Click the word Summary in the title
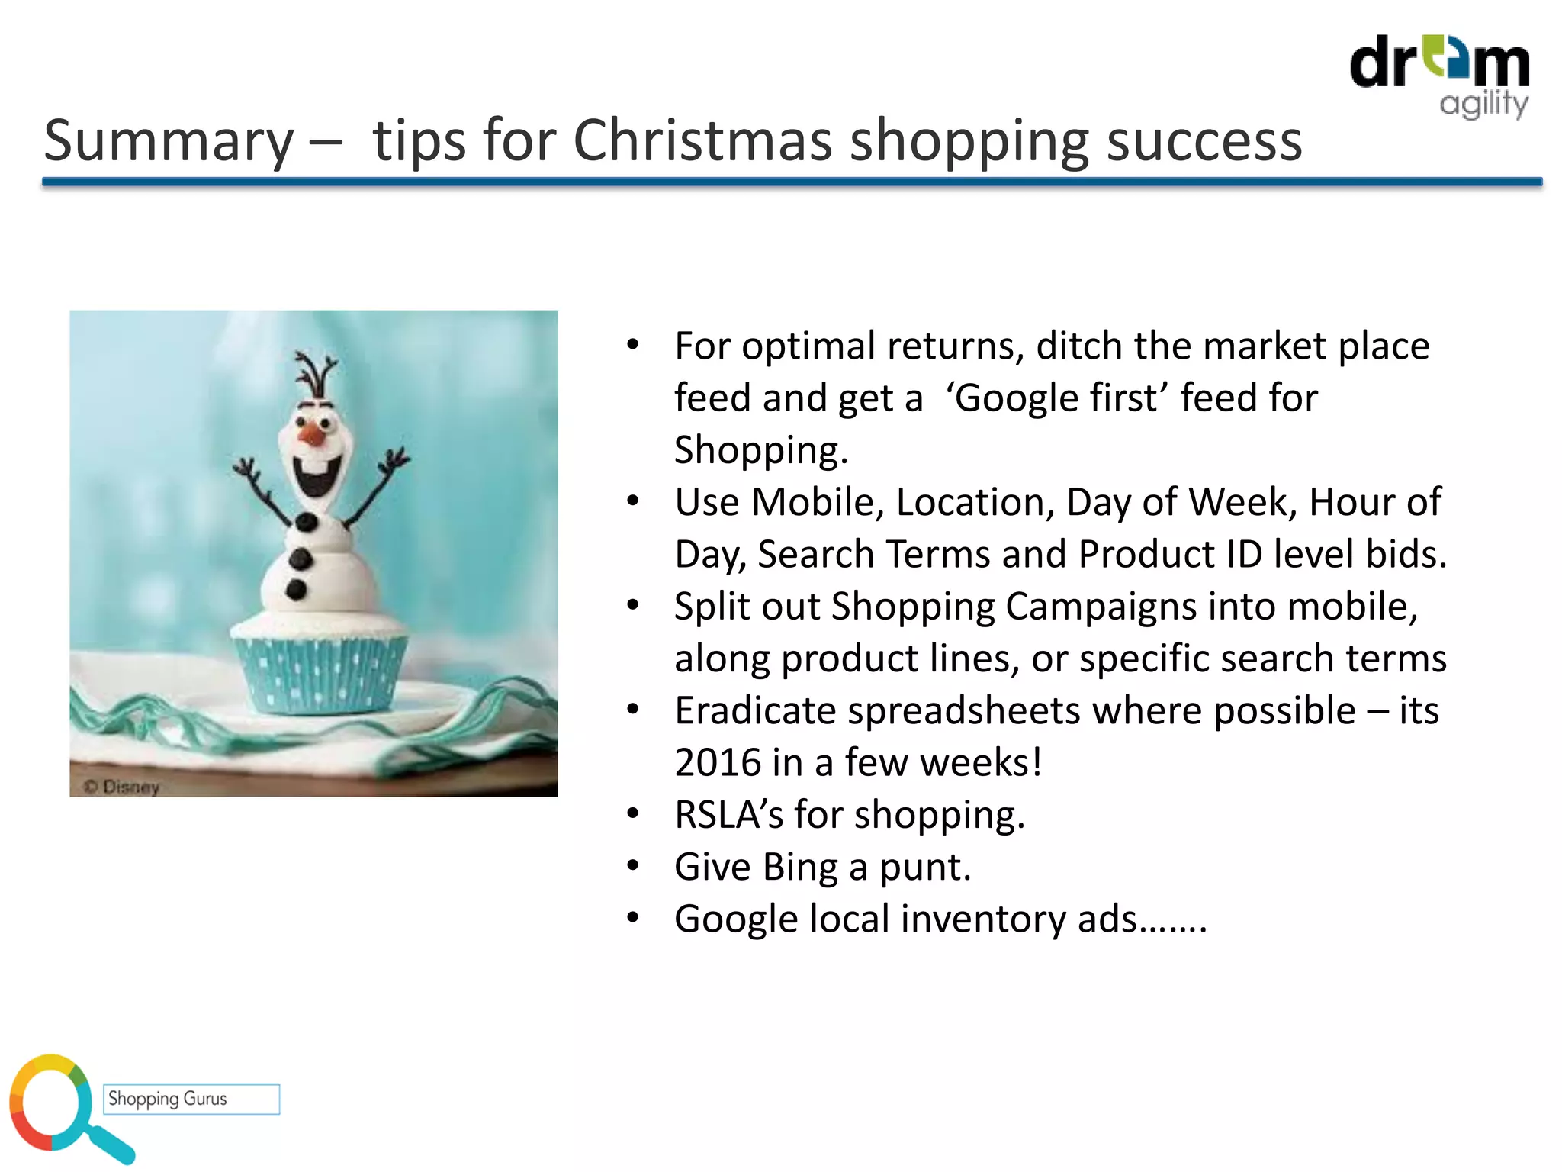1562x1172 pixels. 169,142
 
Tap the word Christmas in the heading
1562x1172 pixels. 702,140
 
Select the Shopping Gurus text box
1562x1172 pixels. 191,1099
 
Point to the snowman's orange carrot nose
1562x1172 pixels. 313,436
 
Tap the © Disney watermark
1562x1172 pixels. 122,786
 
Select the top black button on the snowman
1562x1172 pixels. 307,523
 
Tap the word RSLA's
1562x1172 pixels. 728,815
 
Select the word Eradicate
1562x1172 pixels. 755,711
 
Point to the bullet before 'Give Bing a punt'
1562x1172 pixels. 632,866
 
